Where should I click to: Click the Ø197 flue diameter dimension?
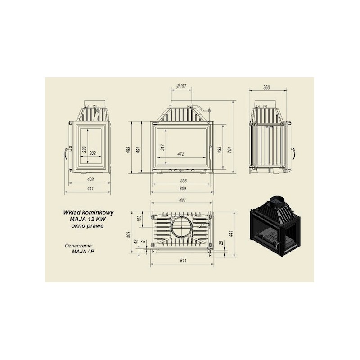(181, 86)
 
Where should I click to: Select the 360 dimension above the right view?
(266, 87)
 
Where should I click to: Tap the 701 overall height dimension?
(230, 149)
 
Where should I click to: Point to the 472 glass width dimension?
(181, 154)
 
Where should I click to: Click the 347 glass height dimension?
(163, 147)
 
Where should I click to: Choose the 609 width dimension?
(183, 189)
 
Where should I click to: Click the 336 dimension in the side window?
(85, 149)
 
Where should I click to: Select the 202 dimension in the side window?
(92, 153)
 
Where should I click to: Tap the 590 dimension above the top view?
(182, 200)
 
